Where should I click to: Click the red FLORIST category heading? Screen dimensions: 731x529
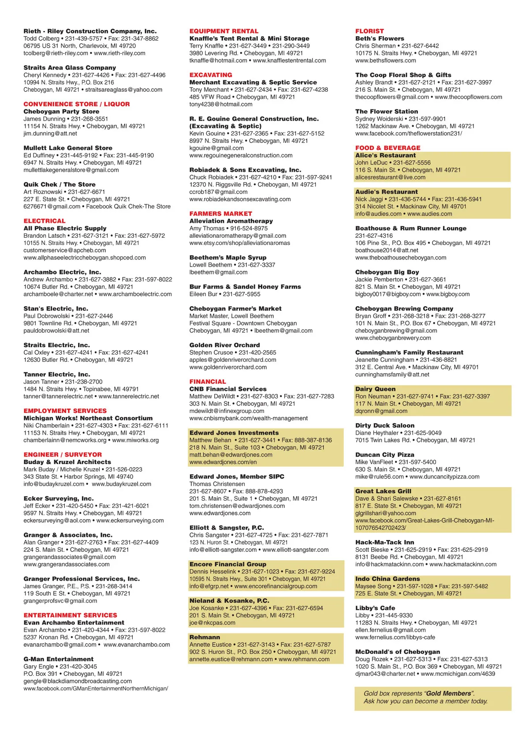click(369, 31)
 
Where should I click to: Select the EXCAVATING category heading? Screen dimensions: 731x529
click(211, 75)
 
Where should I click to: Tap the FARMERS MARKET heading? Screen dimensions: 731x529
click(221, 214)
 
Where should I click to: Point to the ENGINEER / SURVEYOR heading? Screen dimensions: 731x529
click(63, 454)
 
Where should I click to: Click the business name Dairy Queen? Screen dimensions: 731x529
click(375, 389)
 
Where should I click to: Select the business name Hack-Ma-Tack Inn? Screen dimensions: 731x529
click(385, 542)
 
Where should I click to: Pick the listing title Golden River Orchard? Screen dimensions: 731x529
click(224, 345)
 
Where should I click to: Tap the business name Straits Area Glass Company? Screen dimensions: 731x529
click(70, 67)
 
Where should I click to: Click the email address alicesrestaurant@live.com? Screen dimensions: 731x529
click(390, 177)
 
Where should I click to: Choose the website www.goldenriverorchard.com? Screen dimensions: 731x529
click(228, 367)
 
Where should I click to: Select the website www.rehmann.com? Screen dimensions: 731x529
click(304, 659)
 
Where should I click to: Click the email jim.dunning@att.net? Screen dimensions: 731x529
click(50, 133)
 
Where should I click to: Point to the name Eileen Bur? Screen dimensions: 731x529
click(203, 294)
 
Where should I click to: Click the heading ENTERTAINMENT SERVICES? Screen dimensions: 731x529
click(71, 615)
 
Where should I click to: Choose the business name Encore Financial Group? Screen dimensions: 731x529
click(227, 564)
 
